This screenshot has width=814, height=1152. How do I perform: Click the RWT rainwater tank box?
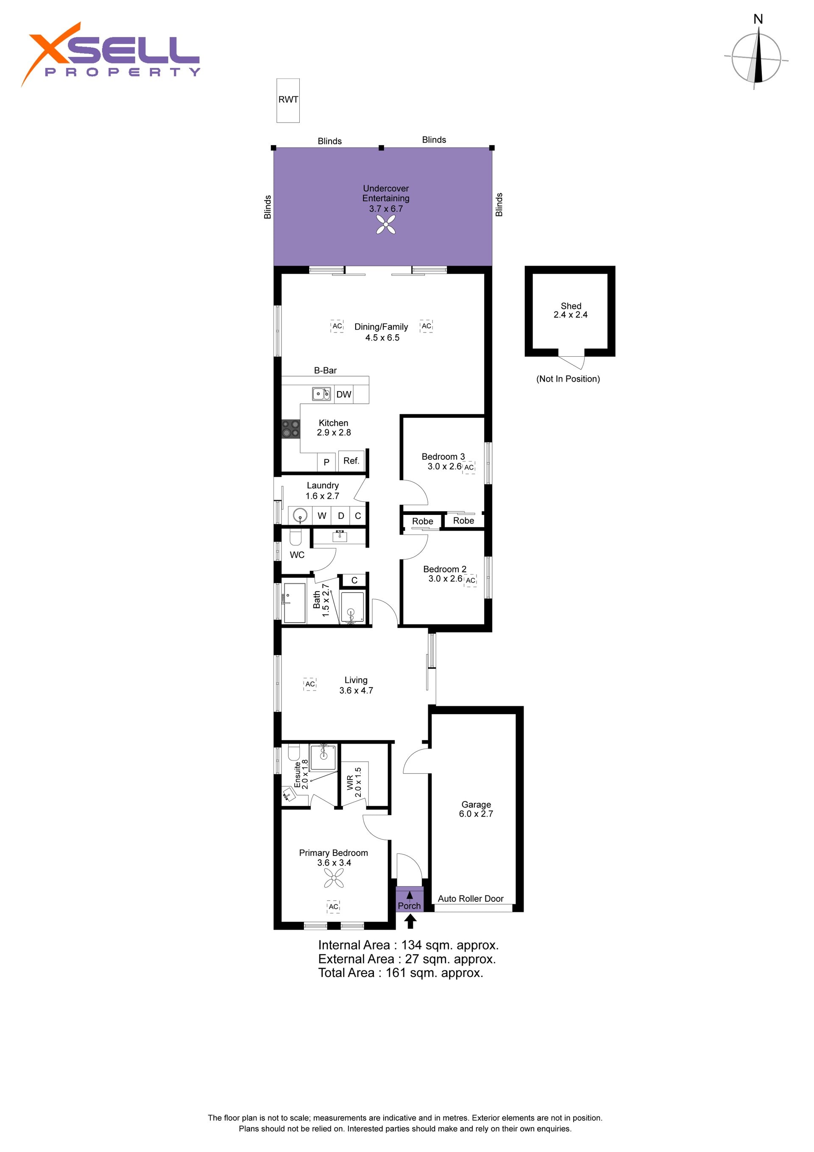pos(288,101)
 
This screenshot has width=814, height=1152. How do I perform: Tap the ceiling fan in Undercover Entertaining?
pos(386,224)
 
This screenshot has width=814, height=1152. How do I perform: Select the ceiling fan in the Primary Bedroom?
pos(334,878)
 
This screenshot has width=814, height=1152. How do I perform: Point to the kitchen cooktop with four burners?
pos(290,428)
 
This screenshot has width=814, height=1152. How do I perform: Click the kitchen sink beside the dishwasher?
pos(321,394)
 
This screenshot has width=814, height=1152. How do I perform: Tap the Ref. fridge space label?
pos(351,461)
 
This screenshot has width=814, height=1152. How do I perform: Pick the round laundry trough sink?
pos(300,515)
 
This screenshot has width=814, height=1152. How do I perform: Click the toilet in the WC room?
pos(295,537)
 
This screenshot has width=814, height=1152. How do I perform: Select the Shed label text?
pos(571,306)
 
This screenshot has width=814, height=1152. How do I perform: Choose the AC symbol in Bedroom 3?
pos(469,467)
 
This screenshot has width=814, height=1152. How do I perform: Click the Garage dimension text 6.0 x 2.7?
pos(476,814)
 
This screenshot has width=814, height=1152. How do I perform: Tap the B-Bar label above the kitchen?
pos(325,370)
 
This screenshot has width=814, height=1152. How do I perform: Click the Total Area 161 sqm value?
pos(434,973)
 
